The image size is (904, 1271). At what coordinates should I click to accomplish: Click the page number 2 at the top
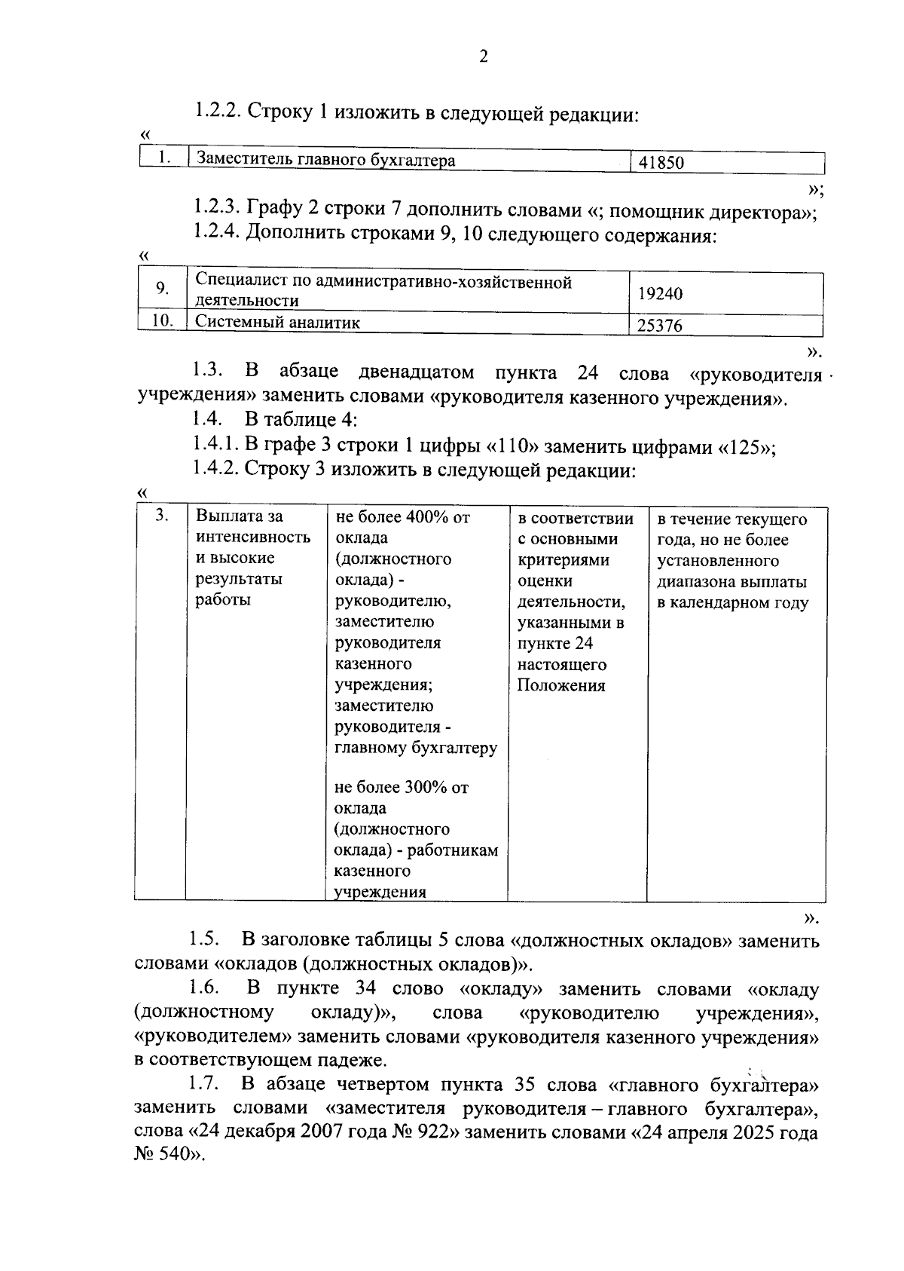pyautogui.click(x=483, y=57)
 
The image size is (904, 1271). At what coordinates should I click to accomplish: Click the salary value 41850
pyautogui.click(x=661, y=163)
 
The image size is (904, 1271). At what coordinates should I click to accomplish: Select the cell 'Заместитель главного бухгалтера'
pyautogui.click(x=325, y=160)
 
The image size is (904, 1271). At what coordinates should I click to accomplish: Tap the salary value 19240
pyautogui.click(x=661, y=294)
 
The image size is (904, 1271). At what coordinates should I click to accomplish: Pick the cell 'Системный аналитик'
pyautogui.click(x=278, y=323)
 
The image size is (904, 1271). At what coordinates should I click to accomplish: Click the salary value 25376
pyautogui.click(x=661, y=326)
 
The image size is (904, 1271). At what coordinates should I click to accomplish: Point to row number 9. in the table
pyautogui.click(x=162, y=289)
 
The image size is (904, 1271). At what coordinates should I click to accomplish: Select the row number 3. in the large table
pyautogui.click(x=160, y=516)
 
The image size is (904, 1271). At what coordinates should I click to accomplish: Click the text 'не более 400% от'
pyautogui.click(x=402, y=517)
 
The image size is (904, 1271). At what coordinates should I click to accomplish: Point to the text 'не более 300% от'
pyautogui.click(x=402, y=788)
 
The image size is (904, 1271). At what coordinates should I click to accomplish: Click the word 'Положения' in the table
pyautogui.click(x=561, y=686)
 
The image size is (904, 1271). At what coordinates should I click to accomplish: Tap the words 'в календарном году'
pyautogui.click(x=733, y=603)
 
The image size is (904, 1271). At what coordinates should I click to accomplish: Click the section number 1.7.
pyautogui.click(x=204, y=1085)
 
